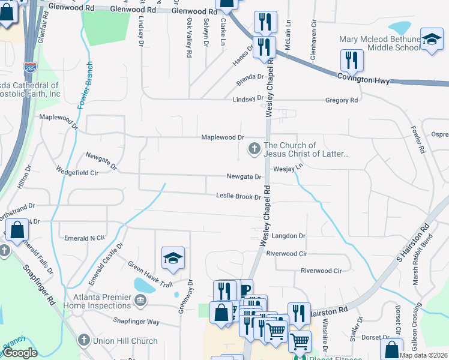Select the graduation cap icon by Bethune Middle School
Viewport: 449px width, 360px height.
tap(432, 40)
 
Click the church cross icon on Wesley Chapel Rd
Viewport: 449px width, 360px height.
tap(255, 148)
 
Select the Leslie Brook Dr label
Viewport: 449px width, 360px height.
tap(238, 196)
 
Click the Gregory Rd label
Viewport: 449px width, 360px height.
tap(342, 100)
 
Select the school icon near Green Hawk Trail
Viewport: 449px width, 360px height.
tap(172, 258)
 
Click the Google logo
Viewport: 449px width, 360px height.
tap(20, 353)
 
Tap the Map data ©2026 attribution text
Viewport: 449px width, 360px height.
tap(423, 355)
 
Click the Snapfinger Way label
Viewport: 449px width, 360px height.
tap(137, 322)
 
